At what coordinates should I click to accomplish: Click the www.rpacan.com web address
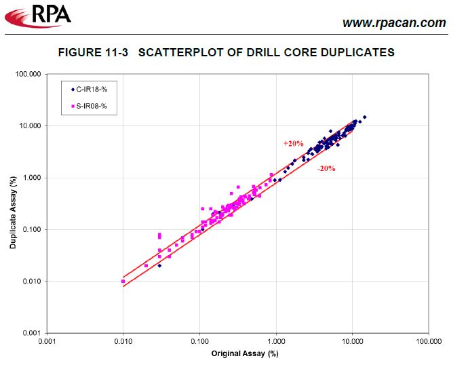394,23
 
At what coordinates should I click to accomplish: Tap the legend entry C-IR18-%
91,88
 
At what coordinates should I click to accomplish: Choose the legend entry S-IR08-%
91,106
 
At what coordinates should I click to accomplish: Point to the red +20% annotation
293,144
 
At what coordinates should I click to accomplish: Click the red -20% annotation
326,169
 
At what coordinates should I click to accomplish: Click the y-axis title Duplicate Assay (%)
13,212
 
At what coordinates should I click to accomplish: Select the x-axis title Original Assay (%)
245,353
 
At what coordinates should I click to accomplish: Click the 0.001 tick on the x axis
47,341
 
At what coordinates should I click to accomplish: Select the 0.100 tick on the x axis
199,341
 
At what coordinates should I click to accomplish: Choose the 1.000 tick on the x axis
276,341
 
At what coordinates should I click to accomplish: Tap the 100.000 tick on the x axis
427,341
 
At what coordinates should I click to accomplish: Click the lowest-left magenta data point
123,281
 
